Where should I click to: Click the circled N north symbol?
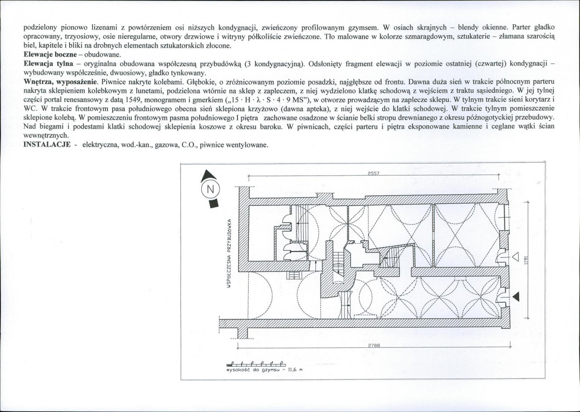210,190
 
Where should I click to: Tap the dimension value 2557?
373,173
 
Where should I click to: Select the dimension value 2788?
374,345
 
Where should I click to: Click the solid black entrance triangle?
516,296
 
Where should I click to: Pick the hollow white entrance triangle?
516,256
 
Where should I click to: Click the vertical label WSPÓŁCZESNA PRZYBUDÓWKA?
229,254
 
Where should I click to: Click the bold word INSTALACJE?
47,145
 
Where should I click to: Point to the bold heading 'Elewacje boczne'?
50,55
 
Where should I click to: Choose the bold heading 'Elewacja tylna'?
48,64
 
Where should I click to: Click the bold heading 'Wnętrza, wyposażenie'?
60,82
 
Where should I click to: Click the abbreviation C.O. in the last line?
189,145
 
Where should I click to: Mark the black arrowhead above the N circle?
208,176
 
